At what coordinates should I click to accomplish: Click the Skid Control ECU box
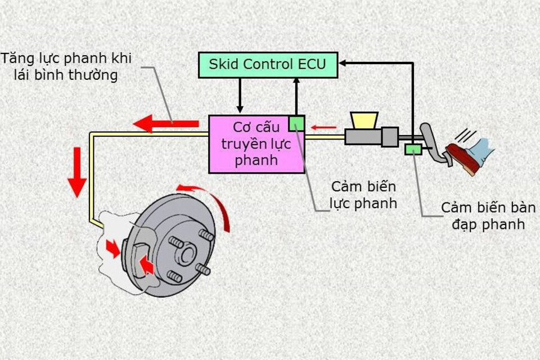[x=268, y=65]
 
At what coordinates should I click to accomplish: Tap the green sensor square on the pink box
[x=296, y=123]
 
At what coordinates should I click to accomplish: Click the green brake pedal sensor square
[x=413, y=149]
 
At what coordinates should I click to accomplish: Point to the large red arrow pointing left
[x=166, y=123]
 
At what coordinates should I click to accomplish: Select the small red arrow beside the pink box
[x=324, y=128]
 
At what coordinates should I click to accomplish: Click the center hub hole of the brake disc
[x=188, y=254]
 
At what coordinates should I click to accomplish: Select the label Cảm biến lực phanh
[x=364, y=195]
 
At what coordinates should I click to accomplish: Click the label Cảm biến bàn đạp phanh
[x=487, y=216]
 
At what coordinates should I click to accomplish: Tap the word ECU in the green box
[x=313, y=64]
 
